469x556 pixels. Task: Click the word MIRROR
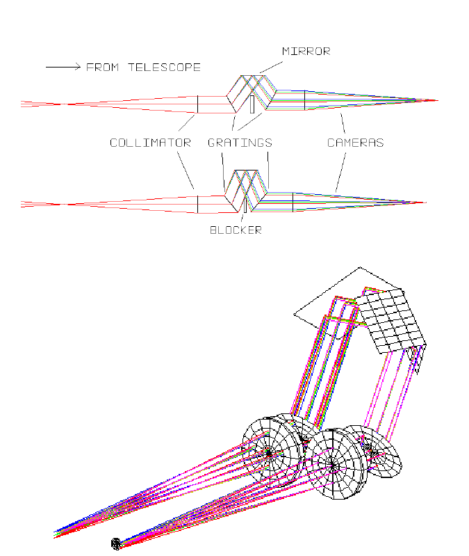pyautogui.click(x=306, y=51)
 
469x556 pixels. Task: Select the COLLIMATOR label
pyautogui.click(x=150, y=143)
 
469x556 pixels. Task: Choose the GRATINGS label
pyautogui.click(x=240, y=143)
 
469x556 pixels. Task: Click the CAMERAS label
pyautogui.click(x=355, y=143)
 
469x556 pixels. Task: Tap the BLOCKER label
pyautogui.click(x=236, y=230)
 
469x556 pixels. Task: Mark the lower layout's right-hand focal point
pyautogui.click(x=423, y=203)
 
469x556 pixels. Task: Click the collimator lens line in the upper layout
pyautogui.click(x=197, y=103)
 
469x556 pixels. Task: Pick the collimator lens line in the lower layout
pyautogui.click(x=197, y=204)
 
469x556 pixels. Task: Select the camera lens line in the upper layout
pyautogui.click(x=304, y=100)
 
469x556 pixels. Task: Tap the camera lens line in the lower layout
pyautogui.click(x=293, y=202)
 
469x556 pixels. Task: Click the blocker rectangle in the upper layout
pyautogui.click(x=252, y=104)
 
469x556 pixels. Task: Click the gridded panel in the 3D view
pyautogui.click(x=393, y=321)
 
